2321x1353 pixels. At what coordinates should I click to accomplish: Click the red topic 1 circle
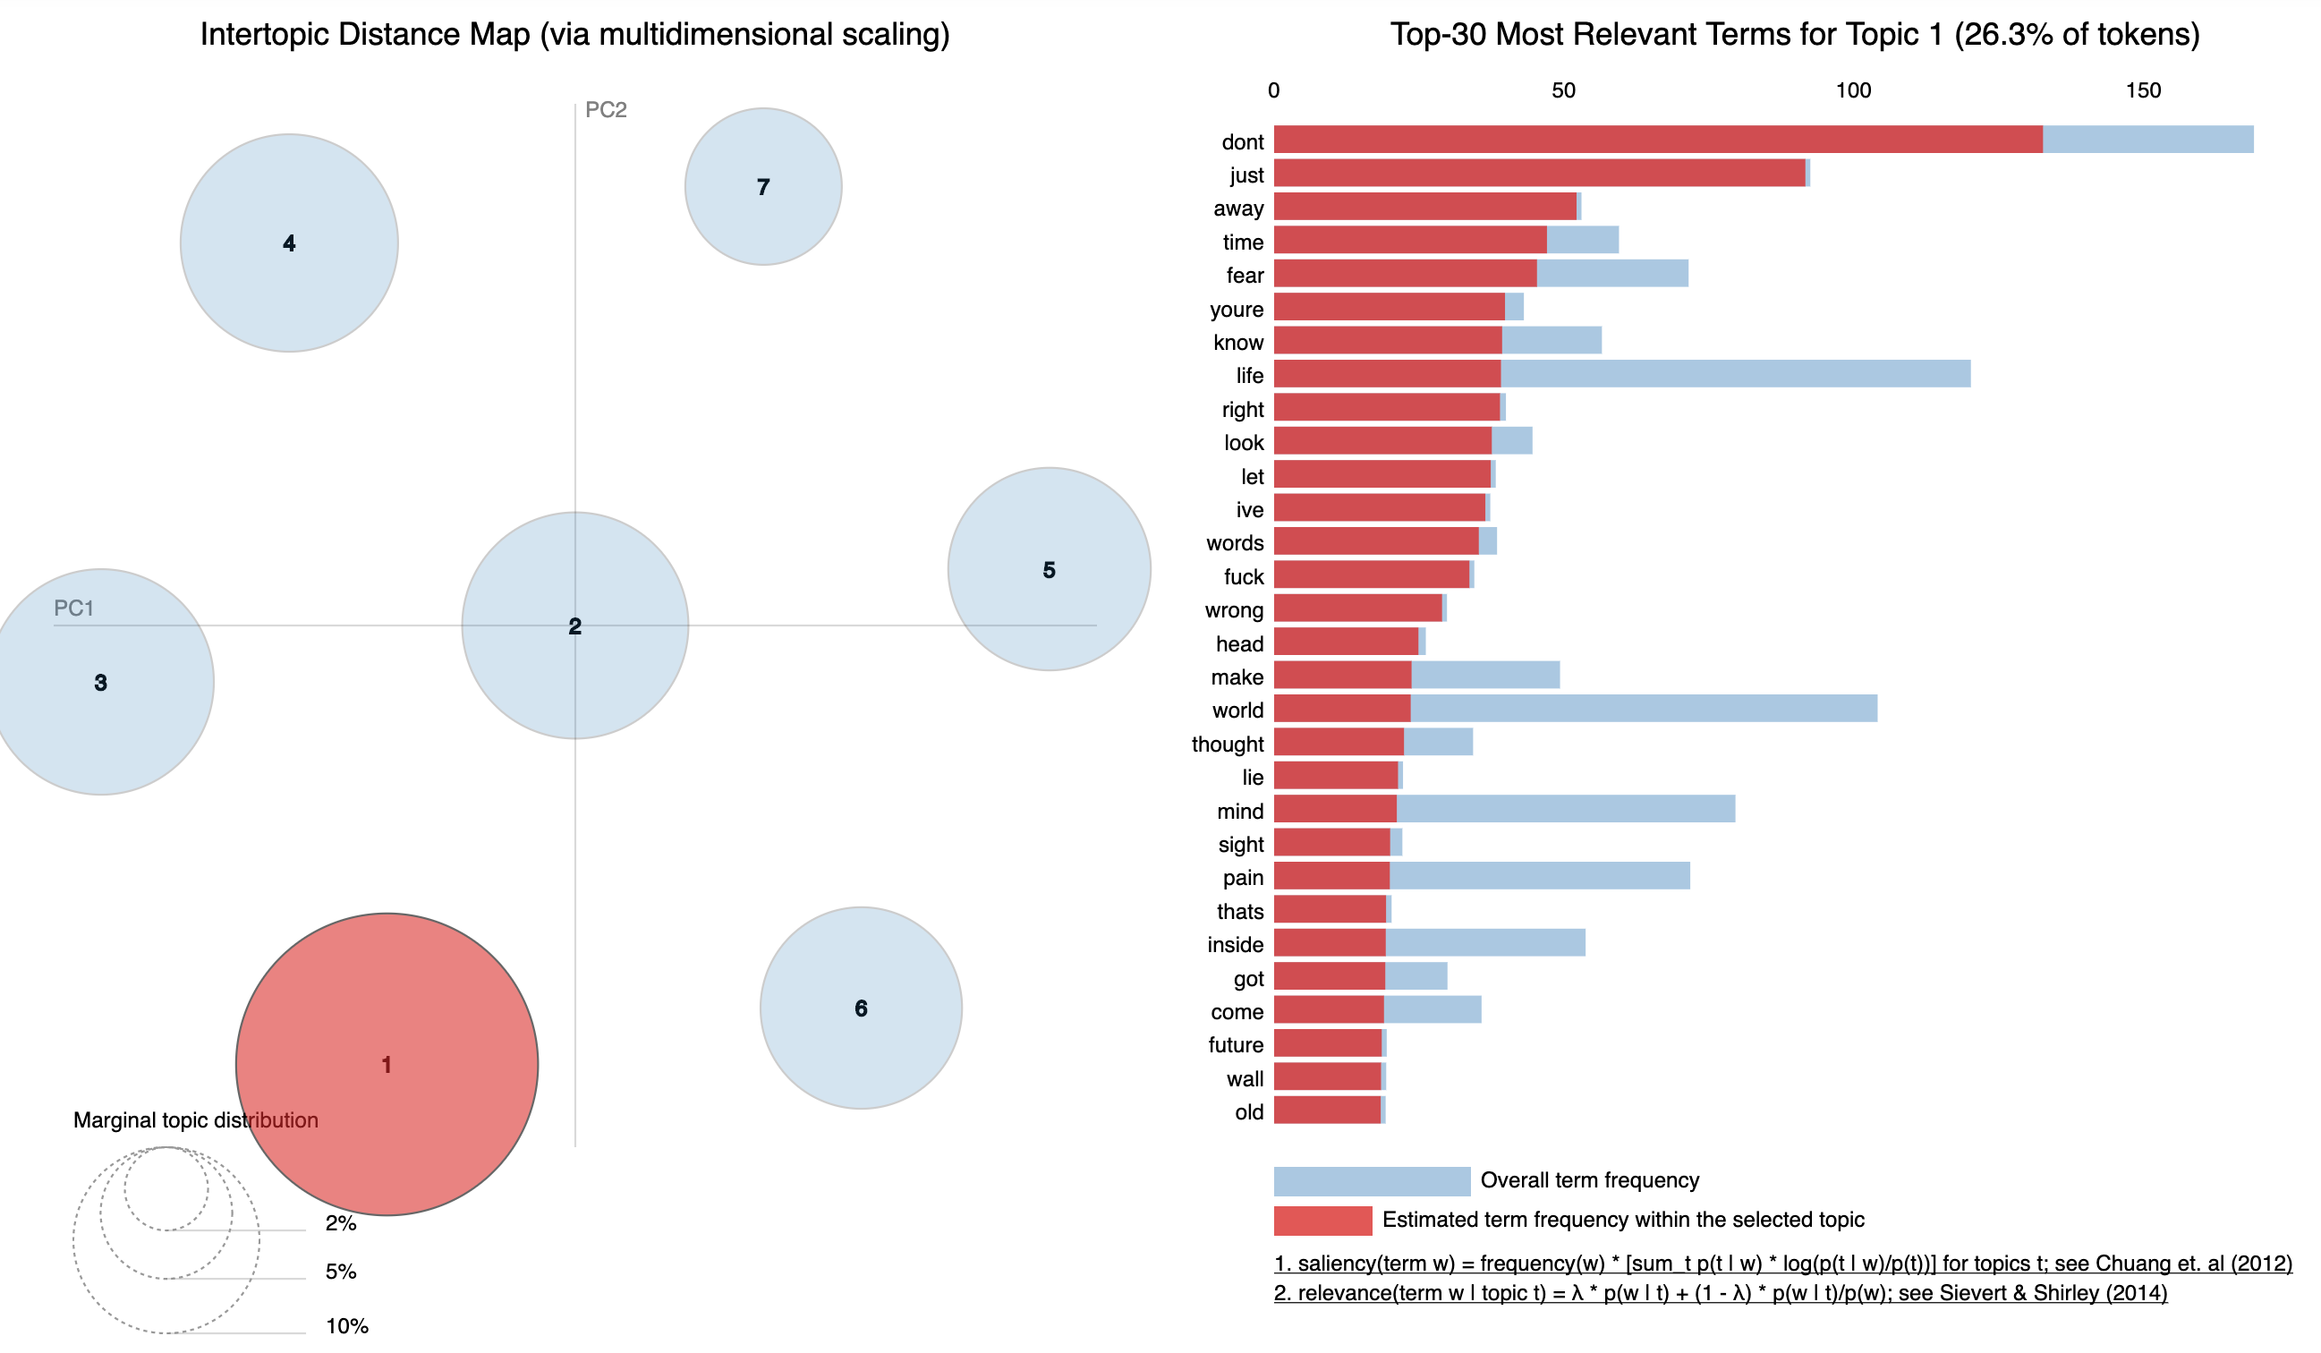coord(387,1064)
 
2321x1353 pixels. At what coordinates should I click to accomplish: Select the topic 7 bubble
coord(762,187)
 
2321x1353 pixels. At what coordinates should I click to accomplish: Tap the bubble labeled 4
coord(289,243)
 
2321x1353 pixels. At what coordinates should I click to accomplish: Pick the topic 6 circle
coord(860,1008)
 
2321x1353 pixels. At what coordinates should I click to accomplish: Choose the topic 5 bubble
coord(1049,569)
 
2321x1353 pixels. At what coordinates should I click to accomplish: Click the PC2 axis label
coord(606,109)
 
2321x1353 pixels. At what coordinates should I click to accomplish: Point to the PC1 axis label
coord(73,608)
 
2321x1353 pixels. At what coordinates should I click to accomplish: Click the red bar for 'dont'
coord(1658,139)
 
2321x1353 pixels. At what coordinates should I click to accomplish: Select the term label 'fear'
coord(1245,276)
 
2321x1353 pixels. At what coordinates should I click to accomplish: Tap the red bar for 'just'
coord(1538,174)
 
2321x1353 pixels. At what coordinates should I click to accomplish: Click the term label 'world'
coord(1237,711)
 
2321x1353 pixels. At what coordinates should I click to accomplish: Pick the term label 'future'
coord(1235,1044)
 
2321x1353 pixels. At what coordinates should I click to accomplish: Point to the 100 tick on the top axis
coord(1853,90)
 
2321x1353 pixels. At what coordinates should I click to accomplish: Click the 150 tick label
coord(2143,90)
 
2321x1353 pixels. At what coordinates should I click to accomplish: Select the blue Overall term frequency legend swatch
coord(1372,1181)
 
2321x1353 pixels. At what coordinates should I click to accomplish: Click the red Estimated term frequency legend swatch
coord(1322,1221)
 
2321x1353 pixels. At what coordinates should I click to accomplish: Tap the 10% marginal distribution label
coord(346,1326)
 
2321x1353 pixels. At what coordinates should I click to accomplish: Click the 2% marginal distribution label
coord(341,1223)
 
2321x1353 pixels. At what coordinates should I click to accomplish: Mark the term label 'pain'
coord(1243,878)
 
